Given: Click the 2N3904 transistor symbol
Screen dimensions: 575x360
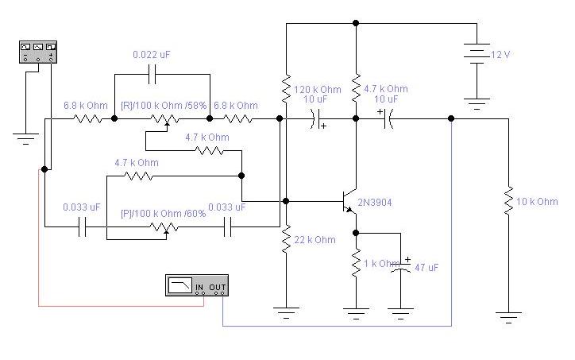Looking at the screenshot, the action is pyautogui.click(x=349, y=202).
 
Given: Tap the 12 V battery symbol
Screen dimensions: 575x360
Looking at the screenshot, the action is pyautogui.click(x=477, y=54).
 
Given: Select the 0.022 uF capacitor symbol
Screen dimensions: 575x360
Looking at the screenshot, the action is pyautogui.click(x=152, y=74).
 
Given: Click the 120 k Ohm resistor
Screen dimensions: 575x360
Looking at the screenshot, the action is pyautogui.click(x=287, y=88).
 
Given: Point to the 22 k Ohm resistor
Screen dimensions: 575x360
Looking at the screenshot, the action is pyautogui.click(x=287, y=238).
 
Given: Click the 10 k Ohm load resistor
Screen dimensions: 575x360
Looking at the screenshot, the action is pyautogui.click(x=508, y=201).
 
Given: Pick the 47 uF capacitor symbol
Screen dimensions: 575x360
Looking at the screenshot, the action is pyautogui.click(x=401, y=267).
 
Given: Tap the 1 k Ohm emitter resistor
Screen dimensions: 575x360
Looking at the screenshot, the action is pyautogui.click(x=356, y=263).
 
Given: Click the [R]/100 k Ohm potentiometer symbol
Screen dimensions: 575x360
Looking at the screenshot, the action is pyautogui.click(x=165, y=120).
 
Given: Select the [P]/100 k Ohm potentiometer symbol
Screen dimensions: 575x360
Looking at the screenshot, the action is pyautogui.click(x=165, y=228).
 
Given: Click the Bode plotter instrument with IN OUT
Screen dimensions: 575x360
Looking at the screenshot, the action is pyautogui.click(x=197, y=285).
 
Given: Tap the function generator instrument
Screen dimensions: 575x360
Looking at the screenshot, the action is pyautogui.click(x=38, y=52).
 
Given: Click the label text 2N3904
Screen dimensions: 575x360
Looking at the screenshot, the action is pyautogui.click(x=375, y=203).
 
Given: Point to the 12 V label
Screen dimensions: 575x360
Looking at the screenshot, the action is pyautogui.click(x=500, y=55).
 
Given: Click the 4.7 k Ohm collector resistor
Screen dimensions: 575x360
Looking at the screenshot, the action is pyautogui.click(x=356, y=88).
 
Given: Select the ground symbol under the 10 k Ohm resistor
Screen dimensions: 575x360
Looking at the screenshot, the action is pyautogui.click(x=508, y=317).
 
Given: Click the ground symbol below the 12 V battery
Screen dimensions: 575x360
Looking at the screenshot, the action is pyautogui.click(x=477, y=103).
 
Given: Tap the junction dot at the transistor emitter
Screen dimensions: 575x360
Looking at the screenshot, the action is pyautogui.click(x=356, y=233).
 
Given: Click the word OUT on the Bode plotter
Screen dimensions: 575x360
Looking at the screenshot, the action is pyautogui.click(x=217, y=287).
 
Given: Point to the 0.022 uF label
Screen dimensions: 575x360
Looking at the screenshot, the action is pyautogui.click(x=152, y=55).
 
